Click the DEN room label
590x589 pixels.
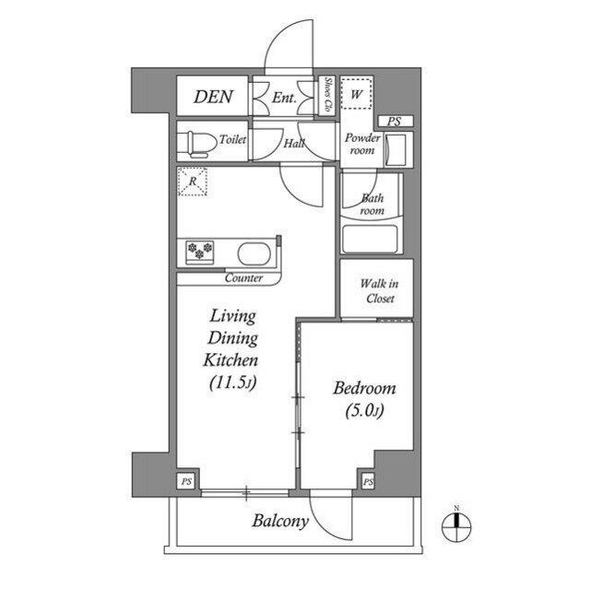tap(213, 97)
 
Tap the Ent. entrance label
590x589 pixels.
tap(284, 97)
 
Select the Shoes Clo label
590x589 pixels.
tap(327, 96)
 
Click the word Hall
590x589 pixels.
tap(294, 144)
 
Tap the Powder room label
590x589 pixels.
tap(362, 144)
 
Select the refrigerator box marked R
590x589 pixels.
tap(193, 182)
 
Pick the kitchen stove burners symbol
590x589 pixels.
tap(200, 249)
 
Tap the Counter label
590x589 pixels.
tap(243, 277)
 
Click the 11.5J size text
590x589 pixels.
tap(231, 381)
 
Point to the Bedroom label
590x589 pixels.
tap(364, 388)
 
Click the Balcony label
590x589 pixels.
tap(280, 522)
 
